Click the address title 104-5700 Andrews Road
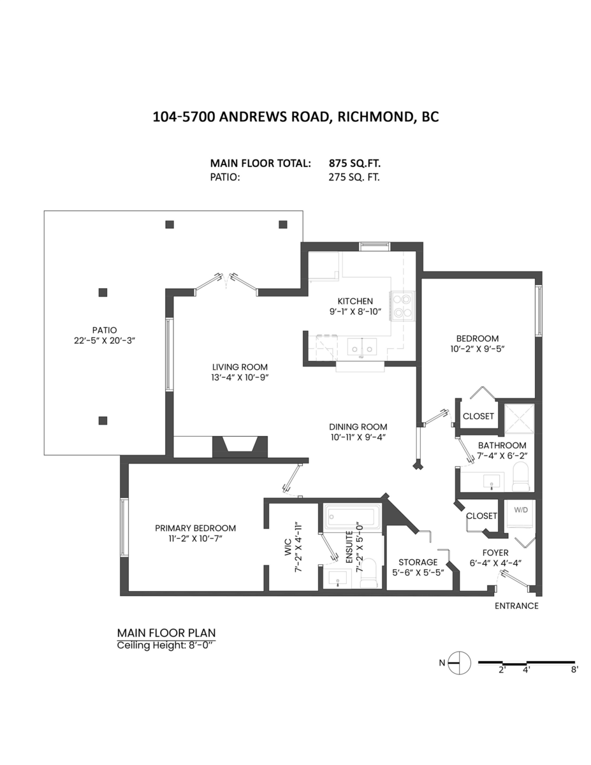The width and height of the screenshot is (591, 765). pyautogui.click(x=296, y=117)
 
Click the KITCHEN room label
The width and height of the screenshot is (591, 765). pyautogui.click(x=355, y=301)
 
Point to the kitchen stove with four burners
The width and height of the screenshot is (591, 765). pyautogui.click(x=403, y=305)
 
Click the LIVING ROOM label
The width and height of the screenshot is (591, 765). pyautogui.click(x=240, y=367)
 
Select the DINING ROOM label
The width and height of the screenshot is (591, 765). pyautogui.click(x=358, y=427)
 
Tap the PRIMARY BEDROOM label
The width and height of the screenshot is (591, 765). pyautogui.click(x=195, y=528)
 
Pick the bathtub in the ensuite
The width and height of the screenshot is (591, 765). pyautogui.click(x=353, y=516)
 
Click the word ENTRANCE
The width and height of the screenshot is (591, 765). pyautogui.click(x=516, y=606)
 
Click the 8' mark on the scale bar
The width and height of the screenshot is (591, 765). pyautogui.click(x=574, y=670)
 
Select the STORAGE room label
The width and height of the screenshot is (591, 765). pyautogui.click(x=418, y=562)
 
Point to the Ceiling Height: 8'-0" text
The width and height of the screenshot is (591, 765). pyautogui.click(x=166, y=645)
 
